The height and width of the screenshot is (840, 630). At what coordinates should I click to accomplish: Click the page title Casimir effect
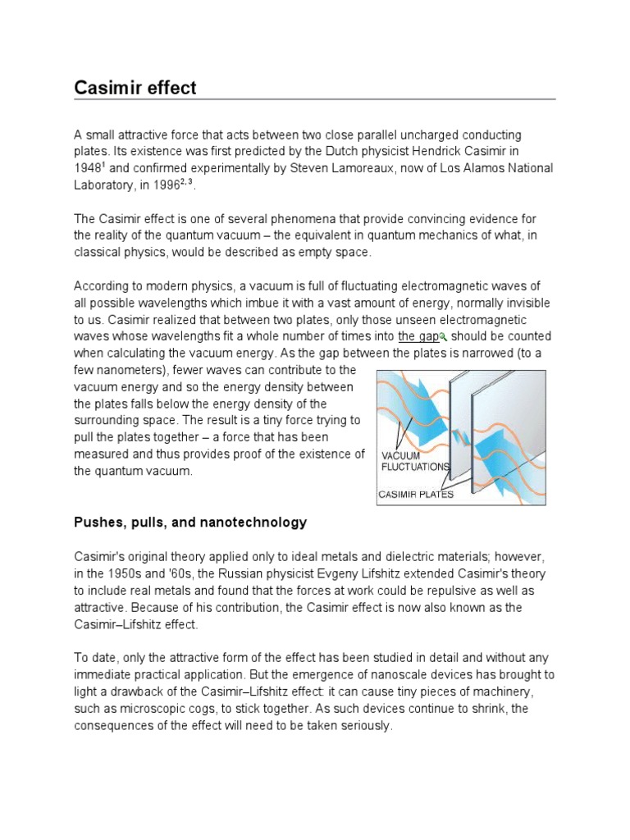135,87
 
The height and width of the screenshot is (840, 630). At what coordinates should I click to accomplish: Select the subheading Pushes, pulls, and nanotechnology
190,522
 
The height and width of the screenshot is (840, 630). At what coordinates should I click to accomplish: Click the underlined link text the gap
418,336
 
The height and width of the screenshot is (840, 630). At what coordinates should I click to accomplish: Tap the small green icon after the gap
442,336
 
